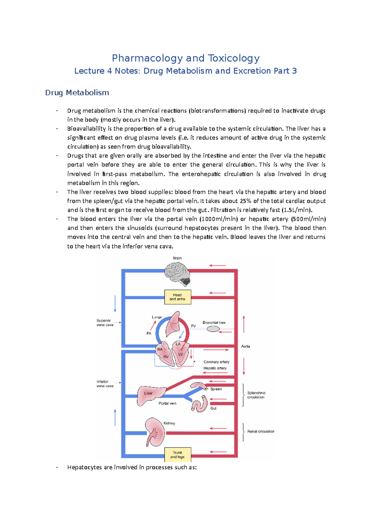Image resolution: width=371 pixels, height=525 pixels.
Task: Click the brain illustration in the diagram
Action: point(178,274)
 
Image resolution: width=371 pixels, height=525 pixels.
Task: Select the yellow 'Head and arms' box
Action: point(177,297)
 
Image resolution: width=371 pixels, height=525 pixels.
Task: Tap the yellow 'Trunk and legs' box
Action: point(177,455)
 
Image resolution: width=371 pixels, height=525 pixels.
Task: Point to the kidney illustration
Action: point(155,432)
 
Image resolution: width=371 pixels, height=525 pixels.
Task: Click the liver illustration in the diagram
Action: point(150,395)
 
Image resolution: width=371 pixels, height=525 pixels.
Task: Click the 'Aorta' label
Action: point(245,346)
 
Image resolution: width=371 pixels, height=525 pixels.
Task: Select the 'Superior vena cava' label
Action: point(105,322)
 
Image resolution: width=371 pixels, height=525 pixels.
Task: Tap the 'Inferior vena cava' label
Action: point(105,384)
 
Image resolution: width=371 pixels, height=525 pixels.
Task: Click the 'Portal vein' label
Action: point(167,403)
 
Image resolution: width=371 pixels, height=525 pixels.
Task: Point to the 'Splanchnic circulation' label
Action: point(256,395)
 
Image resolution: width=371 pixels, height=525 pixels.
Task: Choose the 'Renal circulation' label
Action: point(261,431)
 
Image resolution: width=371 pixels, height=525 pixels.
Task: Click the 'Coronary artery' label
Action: point(216,362)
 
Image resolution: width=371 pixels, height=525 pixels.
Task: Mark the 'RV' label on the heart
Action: point(166,356)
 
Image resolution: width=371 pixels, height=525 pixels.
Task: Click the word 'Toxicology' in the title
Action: point(233,58)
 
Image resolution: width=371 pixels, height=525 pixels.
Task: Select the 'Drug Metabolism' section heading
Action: point(77,92)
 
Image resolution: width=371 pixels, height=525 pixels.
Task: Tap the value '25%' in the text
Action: point(246,201)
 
